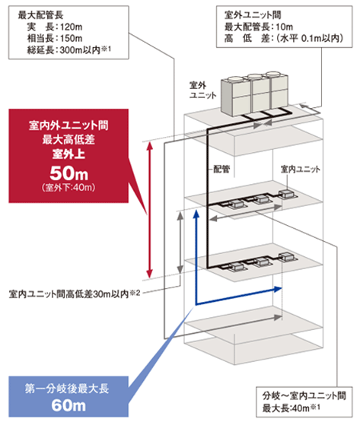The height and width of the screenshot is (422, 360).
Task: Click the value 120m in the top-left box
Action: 72,27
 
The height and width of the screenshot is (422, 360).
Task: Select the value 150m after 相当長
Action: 72,39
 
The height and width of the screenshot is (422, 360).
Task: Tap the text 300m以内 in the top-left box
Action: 80,50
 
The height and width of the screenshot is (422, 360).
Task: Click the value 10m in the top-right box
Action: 285,27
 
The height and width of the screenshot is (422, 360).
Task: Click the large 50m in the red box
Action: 69,173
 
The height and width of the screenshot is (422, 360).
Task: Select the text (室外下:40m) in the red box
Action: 68,187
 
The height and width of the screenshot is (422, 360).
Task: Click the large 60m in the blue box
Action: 68,405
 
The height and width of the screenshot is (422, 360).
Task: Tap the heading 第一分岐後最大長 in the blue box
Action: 67,389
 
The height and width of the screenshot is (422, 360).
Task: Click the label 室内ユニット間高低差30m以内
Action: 68,294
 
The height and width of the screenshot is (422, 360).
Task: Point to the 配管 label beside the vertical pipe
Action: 221,169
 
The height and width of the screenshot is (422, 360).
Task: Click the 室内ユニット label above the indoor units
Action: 301,170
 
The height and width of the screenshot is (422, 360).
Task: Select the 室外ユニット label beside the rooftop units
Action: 203,90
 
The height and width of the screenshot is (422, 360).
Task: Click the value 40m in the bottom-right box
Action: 301,408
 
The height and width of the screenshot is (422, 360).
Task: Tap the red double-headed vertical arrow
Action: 150,210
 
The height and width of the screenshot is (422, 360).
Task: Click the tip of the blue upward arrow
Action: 196,211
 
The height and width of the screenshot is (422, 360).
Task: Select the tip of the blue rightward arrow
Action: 282,289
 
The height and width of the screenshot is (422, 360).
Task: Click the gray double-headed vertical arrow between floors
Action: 180,243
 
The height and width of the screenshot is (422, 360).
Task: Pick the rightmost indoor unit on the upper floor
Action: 287,195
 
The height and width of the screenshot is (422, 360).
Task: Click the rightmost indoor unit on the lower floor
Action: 287,256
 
